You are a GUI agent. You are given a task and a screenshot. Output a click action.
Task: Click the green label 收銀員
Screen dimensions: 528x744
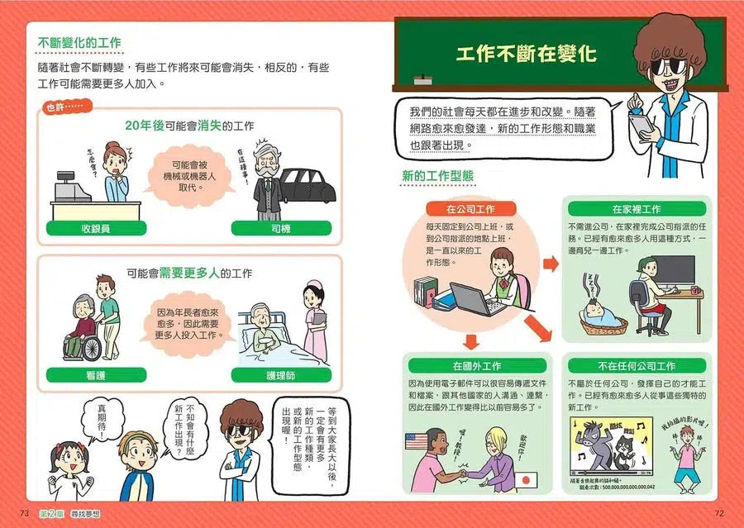coord(95,228)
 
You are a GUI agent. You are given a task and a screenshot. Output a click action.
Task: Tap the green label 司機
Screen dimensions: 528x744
coord(280,228)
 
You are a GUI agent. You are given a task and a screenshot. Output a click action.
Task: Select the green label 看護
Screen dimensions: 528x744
coord(95,373)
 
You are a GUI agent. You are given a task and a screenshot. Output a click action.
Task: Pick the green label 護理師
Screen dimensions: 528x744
coord(281,373)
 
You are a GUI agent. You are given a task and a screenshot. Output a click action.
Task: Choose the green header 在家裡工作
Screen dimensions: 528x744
coord(636,209)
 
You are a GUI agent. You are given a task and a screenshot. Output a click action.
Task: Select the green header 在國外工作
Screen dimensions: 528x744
coord(476,365)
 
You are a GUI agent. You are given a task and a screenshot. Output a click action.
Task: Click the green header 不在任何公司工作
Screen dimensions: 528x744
coord(636,365)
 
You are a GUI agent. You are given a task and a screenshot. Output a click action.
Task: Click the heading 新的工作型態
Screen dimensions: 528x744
coord(437,176)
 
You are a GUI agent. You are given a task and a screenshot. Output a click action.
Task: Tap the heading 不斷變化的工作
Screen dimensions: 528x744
coord(81,43)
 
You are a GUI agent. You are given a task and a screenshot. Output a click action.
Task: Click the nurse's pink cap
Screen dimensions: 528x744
coord(313,288)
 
